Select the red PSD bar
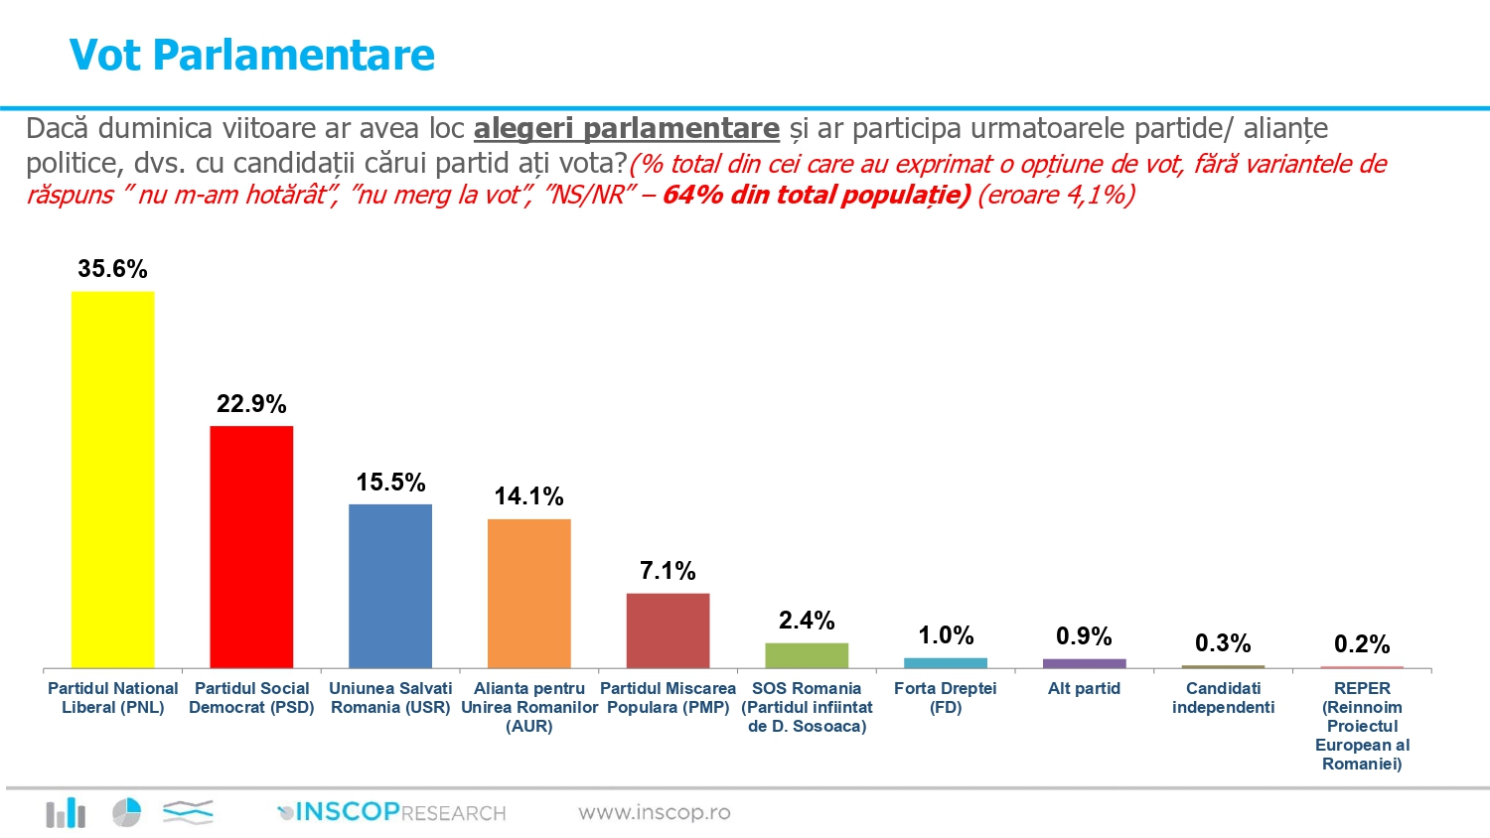(x=251, y=547)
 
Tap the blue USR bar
(x=390, y=586)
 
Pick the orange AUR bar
(x=529, y=593)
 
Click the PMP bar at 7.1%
(x=668, y=630)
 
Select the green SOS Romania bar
(x=807, y=655)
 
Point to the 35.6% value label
(x=112, y=269)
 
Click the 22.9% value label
(x=251, y=404)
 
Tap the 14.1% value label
(x=529, y=496)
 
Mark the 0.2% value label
(x=1362, y=644)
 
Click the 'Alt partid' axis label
(x=1084, y=688)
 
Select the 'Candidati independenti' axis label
(x=1223, y=697)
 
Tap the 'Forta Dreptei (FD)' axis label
(x=946, y=697)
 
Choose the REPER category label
(x=1362, y=726)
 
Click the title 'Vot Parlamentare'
(x=252, y=55)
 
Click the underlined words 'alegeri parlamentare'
(x=626, y=129)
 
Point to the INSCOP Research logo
(x=392, y=812)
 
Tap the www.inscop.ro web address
(x=655, y=812)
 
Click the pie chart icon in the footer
(x=126, y=812)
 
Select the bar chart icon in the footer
(x=66, y=813)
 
